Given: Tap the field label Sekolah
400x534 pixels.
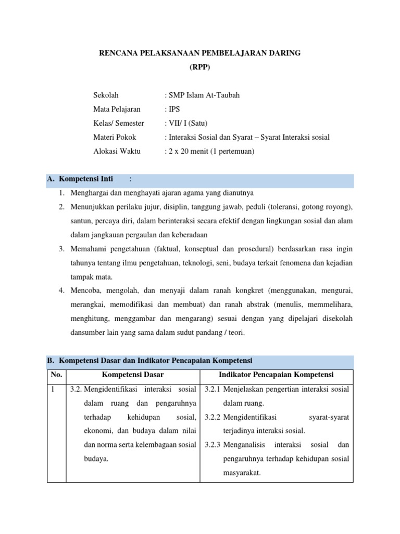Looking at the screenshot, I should [106, 95].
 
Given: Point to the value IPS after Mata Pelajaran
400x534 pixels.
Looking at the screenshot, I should [174, 109].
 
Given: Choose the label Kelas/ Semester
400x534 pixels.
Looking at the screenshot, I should [119, 123].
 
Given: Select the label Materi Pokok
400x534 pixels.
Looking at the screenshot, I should [115, 137].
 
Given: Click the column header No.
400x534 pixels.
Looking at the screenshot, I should [56, 375].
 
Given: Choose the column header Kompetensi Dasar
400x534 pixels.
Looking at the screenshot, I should [133, 375].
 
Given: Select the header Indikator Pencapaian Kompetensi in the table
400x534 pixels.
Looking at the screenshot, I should [276, 375].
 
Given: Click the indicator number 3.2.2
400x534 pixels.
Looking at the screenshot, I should [213, 417].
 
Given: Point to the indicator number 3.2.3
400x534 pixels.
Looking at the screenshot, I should [213, 445].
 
